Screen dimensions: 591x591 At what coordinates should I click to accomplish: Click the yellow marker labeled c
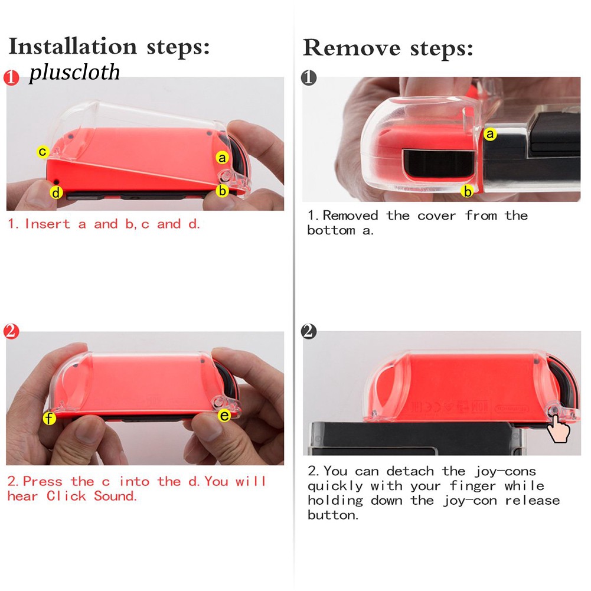pos(43,152)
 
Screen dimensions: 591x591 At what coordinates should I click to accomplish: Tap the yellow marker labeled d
pos(56,192)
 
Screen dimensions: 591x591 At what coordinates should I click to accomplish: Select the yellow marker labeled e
pos(224,416)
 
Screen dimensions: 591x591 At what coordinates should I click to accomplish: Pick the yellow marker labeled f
pos(49,418)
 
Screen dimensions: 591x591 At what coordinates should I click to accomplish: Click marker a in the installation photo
pos(223,158)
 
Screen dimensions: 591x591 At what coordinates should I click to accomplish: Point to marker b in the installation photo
pos(223,191)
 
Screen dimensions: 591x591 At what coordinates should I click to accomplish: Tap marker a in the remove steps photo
pos(490,134)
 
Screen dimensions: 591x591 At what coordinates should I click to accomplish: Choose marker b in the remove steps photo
pos(468,191)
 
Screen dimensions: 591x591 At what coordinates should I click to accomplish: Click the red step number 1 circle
pos(11,78)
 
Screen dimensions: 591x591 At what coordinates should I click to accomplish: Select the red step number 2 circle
pos(11,331)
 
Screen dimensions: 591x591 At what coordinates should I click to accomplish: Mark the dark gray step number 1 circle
pos(309,78)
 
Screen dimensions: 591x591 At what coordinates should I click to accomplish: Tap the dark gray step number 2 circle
pos(309,331)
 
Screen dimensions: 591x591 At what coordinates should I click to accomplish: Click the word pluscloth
pos(74,72)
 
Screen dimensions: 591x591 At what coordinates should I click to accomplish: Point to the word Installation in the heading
pos(73,47)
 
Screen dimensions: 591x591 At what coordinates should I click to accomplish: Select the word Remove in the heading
pos(352,48)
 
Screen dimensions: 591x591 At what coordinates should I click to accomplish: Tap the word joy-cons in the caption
pos(505,471)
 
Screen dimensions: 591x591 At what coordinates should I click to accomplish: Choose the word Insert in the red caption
pos(47,224)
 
